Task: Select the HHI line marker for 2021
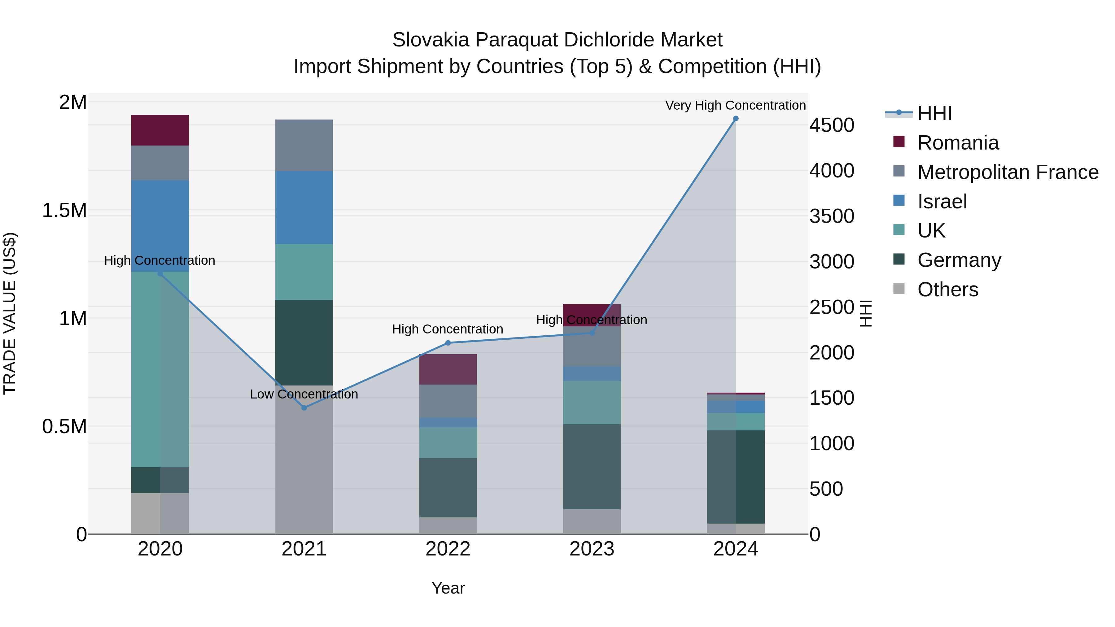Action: coord(304,407)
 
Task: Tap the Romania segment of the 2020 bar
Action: coord(160,130)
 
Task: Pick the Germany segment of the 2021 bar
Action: coord(304,342)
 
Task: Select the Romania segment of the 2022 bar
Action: coord(448,369)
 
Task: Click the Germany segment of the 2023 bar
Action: coord(592,467)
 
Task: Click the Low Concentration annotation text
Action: coord(304,394)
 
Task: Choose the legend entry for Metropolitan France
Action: coord(1008,172)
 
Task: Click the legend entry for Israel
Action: coord(942,202)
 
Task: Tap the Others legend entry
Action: coord(947,290)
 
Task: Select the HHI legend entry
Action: coord(934,113)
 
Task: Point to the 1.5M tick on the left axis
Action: coord(64,211)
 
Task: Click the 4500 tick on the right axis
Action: coord(832,125)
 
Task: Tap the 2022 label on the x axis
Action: coord(448,549)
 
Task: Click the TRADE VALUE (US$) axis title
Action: coord(10,313)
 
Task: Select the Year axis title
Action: coord(448,588)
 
